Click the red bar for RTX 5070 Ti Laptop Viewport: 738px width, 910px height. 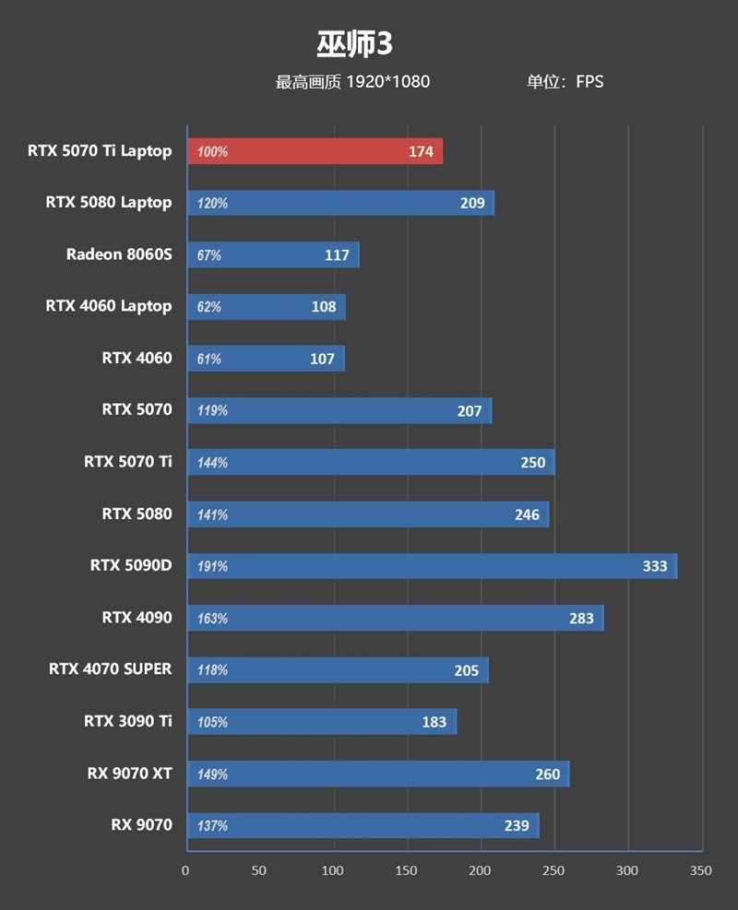tap(314, 151)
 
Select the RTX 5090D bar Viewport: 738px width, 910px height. tap(432, 566)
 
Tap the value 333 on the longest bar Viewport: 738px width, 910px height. tap(655, 566)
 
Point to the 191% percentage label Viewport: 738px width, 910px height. tap(212, 566)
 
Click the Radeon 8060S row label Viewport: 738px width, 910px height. tap(119, 254)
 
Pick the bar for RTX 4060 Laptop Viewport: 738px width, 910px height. tap(266, 307)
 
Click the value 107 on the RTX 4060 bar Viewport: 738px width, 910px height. tap(322, 359)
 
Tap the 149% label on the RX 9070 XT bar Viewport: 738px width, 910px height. tap(212, 774)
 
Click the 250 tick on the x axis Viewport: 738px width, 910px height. tap(553, 870)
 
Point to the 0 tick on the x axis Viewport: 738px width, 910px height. tap(185, 870)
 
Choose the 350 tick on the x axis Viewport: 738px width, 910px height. tap(701, 870)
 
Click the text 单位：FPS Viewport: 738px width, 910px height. tap(565, 82)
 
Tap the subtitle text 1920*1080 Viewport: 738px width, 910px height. tap(387, 82)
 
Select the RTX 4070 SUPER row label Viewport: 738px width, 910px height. tap(111, 668)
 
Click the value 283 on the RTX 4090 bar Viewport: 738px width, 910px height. tap(581, 618)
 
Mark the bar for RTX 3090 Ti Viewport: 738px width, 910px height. tap(321, 722)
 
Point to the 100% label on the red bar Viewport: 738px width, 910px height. tap(212, 152)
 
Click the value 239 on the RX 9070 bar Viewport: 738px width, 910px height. tap(517, 825)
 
